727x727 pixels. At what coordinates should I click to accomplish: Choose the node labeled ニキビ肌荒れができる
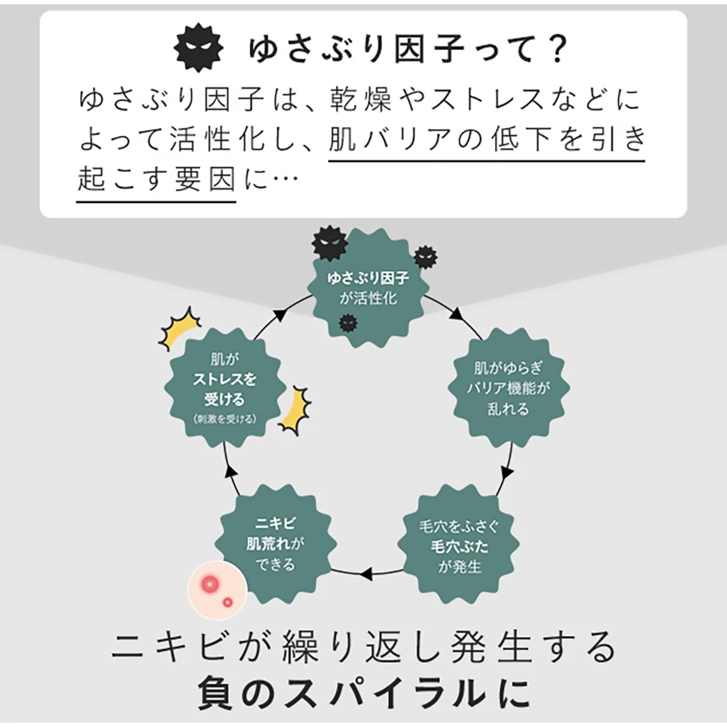click(x=275, y=542)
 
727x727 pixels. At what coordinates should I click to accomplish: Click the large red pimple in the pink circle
click(x=211, y=583)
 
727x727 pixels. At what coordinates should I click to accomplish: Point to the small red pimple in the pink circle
click(x=228, y=602)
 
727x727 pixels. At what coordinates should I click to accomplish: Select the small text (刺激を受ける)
click(x=225, y=419)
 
